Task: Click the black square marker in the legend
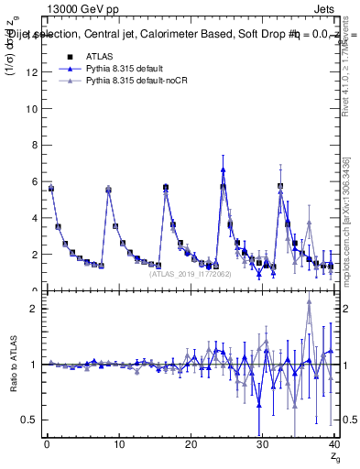pos(70,56)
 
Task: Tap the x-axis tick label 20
pos(191,445)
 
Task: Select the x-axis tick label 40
pos(334,445)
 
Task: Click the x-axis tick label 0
pos(47,445)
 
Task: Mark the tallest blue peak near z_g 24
pos(223,169)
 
